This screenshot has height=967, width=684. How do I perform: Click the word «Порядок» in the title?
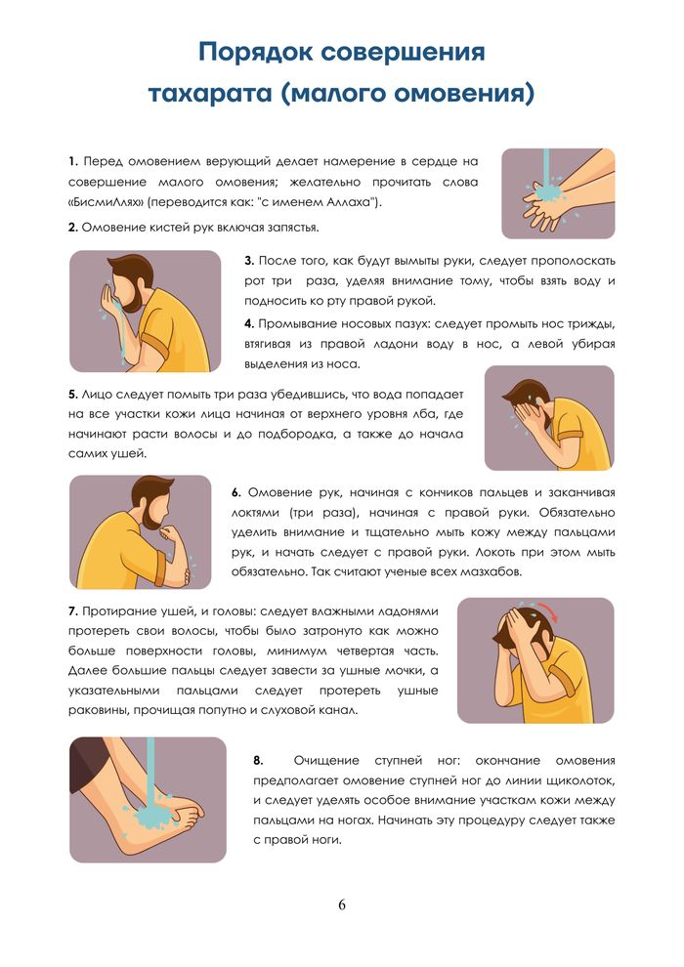point(254,52)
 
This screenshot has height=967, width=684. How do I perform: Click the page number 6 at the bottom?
point(342,904)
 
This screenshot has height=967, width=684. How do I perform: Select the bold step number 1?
point(73,161)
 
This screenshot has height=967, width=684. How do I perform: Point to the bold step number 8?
point(258,759)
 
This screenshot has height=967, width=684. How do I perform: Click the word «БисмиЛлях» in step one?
point(107,203)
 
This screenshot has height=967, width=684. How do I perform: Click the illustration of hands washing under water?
point(558,193)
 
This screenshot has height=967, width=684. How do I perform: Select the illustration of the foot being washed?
point(148,798)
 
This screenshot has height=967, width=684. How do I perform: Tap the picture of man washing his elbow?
point(140,533)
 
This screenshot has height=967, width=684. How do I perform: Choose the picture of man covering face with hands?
point(549,417)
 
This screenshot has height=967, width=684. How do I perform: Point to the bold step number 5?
point(73,394)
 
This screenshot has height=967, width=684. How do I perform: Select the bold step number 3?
point(249,261)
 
